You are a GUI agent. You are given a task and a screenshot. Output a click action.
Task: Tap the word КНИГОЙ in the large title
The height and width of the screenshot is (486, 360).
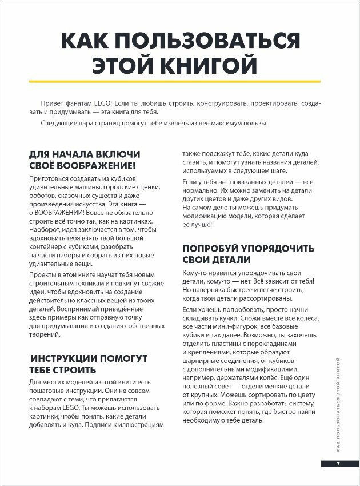(x=210, y=67)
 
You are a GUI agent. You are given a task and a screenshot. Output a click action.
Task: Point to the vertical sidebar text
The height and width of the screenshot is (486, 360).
(x=338, y=400)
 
